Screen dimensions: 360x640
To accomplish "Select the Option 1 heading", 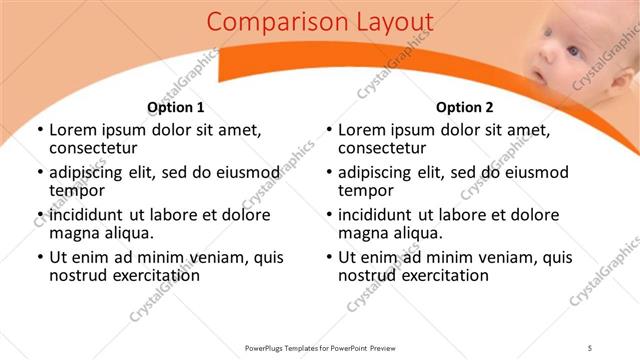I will point(176,107).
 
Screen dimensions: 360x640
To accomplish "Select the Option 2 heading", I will point(465,107).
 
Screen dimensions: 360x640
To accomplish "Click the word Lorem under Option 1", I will point(74,130).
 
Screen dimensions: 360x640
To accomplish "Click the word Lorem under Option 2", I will point(363,130).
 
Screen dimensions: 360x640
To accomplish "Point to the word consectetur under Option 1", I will point(96,149).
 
